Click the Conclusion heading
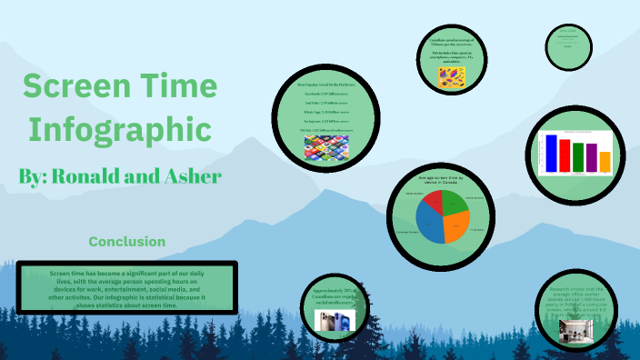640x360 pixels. (127, 242)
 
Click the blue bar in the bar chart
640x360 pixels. (549, 153)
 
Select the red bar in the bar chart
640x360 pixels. (565, 155)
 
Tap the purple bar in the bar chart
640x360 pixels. (592, 158)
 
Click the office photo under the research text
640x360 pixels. (575, 334)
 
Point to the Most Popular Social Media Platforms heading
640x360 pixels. (325, 84)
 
